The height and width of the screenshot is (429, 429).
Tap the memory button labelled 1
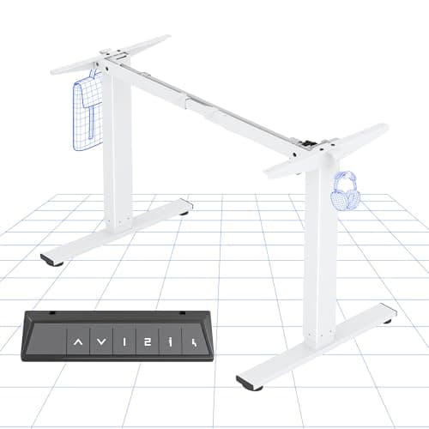point(125,343)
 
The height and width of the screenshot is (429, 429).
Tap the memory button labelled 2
point(148,343)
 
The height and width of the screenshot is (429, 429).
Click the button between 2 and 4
point(170,343)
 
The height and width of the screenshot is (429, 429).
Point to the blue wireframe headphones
point(345,190)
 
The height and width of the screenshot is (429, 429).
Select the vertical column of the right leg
point(320,249)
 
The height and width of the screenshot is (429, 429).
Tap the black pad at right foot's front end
point(248,383)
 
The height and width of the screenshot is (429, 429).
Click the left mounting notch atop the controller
point(53,313)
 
